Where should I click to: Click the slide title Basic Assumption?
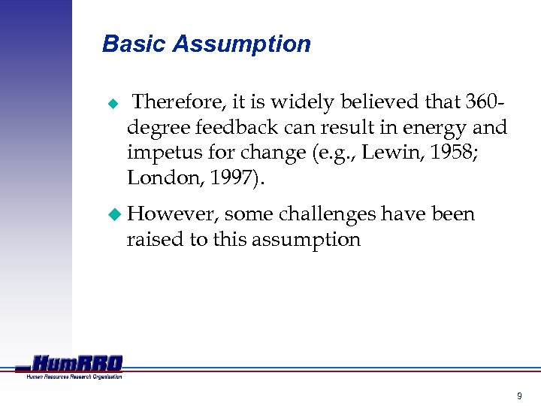(x=206, y=44)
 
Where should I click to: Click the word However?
(x=173, y=214)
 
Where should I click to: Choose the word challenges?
(x=327, y=215)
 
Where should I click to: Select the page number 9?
(x=518, y=395)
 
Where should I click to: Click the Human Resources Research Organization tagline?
(x=74, y=376)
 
